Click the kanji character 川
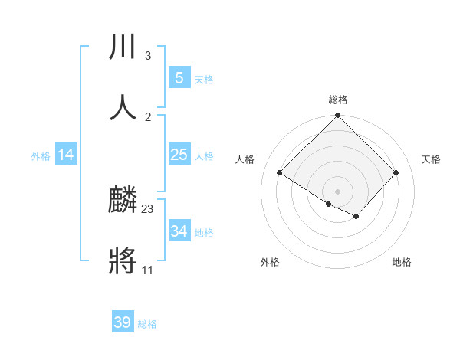[x=123, y=47]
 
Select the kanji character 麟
[x=123, y=201]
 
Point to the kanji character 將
[x=123, y=260]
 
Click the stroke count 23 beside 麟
[x=148, y=208]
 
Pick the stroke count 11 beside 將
[x=147, y=270]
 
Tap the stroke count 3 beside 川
[x=147, y=56]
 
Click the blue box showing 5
[x=179, y=78]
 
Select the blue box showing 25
[x=179, y=155]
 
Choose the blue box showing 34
[x=179, y=231]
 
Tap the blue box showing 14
[x=66, y=155]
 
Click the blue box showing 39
[x=123, y=322]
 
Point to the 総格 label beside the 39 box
[x=147, y=324]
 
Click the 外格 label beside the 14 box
[x=41, y=156]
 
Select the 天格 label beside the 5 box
[x=203, y=80]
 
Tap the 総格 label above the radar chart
[x=338, y=100]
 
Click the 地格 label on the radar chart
[x=402, y=263]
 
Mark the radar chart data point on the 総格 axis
[x=338, y=116]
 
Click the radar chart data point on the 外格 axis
[x=329, y=204]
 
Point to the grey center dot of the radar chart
[x=338, y=191]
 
